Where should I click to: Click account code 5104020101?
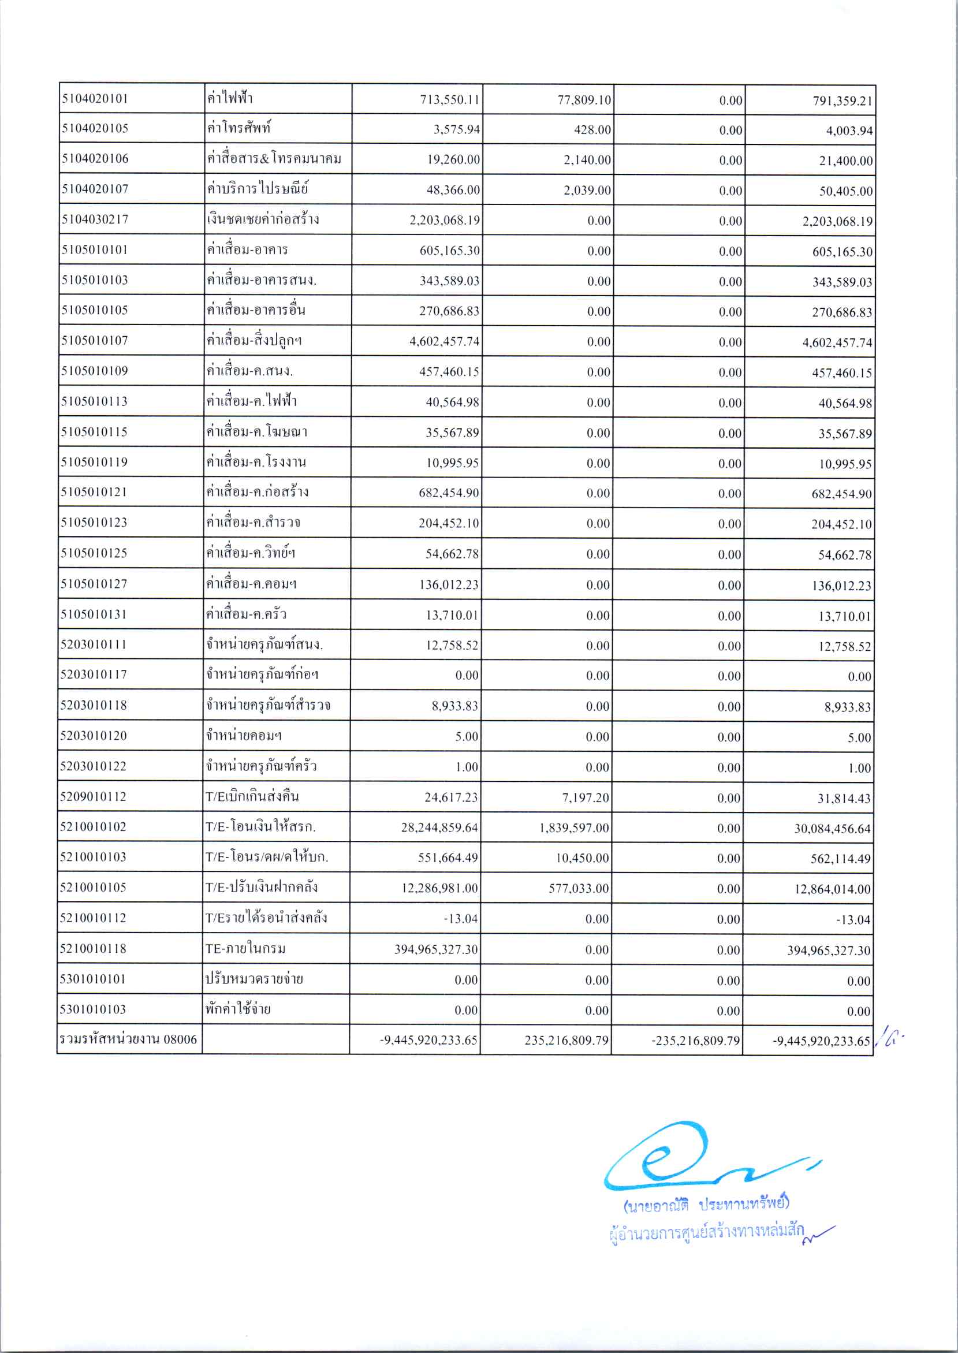coord(95,99)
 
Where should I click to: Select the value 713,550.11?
coord(449,100)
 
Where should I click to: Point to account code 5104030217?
coord(95,219)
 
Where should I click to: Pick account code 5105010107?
coord(94,340)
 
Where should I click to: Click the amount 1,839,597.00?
coord(573,828)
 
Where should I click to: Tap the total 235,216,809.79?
coord(566,1040)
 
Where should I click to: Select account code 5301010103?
coord(92,1009)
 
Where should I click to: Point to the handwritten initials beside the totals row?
coord(889,1040)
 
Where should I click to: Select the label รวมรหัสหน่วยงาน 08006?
coord(128,1039)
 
